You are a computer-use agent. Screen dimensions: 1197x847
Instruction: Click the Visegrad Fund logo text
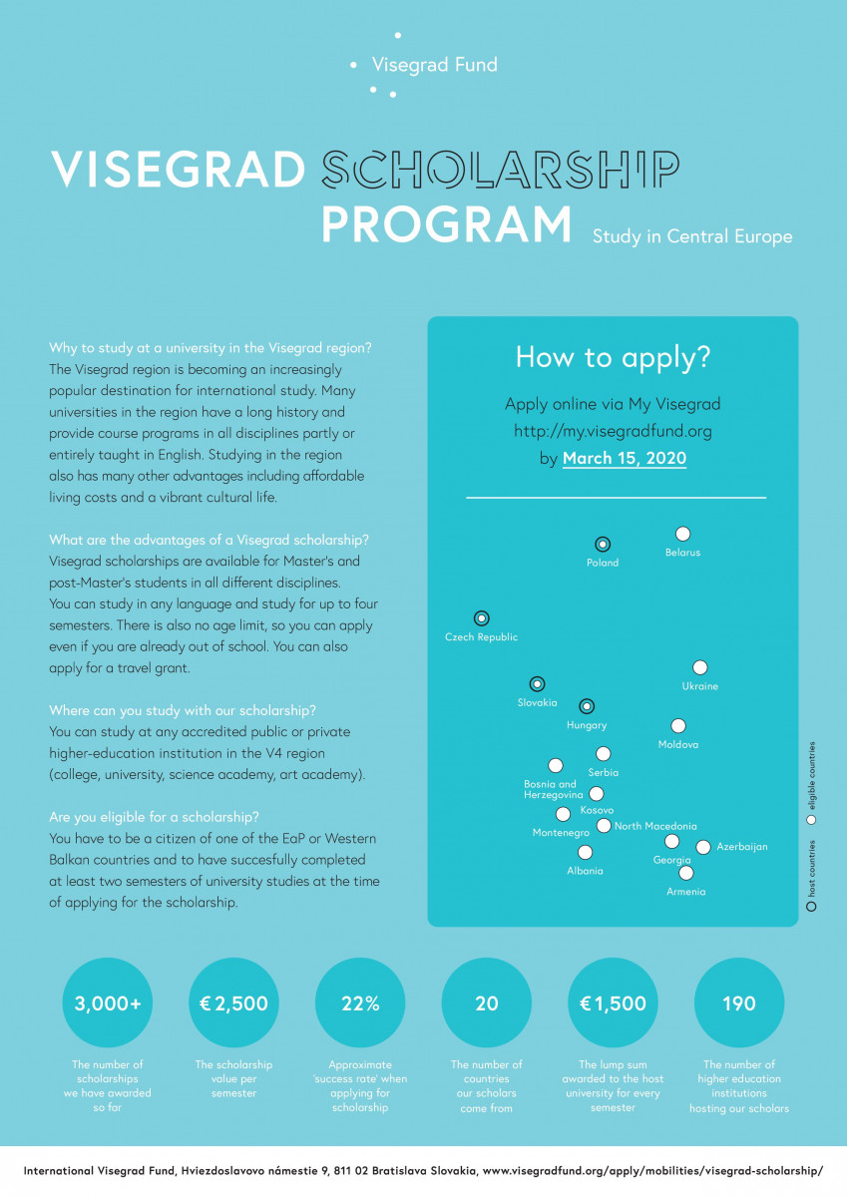[434, 65]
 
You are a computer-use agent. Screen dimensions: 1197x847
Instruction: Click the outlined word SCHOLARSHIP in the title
[500, 170]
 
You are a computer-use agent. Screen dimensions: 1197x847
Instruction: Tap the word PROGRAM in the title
[446, 224]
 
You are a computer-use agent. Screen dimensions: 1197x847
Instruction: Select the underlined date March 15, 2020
[625, 459]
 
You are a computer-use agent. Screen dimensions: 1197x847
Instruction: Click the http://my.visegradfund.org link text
[613, 431]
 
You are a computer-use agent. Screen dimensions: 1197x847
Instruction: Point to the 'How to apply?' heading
[613, 358]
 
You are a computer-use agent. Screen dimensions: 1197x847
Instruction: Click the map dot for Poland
[602, 545]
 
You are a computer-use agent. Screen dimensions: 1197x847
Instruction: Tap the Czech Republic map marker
[482, 618]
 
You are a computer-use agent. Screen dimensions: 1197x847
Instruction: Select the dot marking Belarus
[682, 535]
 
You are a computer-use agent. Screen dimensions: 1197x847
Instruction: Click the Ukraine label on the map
[699, 686]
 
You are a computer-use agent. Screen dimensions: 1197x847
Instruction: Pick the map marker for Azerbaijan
[703, 847]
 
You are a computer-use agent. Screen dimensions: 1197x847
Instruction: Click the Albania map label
[585, 871]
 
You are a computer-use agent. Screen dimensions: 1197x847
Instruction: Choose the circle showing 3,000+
[108, 1003]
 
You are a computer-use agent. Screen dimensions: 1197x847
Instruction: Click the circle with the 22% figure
[360, 1003]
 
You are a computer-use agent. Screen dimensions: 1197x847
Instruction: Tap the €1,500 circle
[613, 1003]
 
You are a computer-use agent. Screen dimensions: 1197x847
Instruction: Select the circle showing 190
[739, 1003]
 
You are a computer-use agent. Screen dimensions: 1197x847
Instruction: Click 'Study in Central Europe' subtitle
[692, 237]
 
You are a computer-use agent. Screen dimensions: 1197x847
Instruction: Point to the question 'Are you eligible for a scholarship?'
[155, 818]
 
